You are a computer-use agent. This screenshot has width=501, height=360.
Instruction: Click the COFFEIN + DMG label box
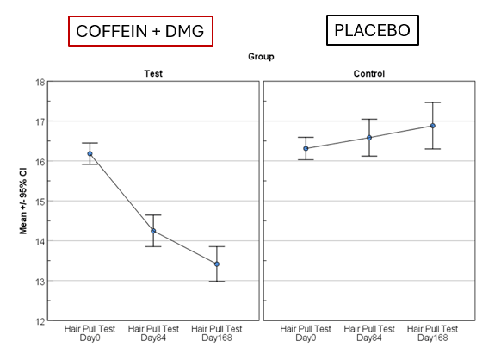tap(141, 31)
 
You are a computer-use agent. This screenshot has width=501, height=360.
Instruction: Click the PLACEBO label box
tap(373, 32)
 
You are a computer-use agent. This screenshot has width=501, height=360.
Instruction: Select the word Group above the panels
tap(260, 57)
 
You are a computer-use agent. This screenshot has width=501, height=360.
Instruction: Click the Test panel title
tap(153, 74)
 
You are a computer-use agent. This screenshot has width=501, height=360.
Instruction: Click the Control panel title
tap(368, 74)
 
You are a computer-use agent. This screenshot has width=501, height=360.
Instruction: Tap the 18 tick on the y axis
tap(39, 82)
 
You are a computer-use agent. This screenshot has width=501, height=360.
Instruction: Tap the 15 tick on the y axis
tap(39, 202)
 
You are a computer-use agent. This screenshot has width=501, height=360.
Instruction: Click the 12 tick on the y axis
tap(39, 321)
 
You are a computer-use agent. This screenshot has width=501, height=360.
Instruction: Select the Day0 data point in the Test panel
tap(90, 154)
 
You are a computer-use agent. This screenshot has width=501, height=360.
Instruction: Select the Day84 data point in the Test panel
tap(153, 231)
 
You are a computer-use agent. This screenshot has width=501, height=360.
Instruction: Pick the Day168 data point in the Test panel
tap(217, 264)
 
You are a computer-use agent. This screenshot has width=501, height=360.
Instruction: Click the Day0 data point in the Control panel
tap(306, 148)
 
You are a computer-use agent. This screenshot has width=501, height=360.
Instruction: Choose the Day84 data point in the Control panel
tap(369, 138)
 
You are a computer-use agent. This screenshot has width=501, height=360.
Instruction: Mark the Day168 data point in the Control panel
tap(433, 126)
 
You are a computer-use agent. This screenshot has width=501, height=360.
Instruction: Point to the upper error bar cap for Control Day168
tap(433, 102)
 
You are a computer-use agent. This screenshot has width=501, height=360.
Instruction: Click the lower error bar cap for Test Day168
tap(217, 282)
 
